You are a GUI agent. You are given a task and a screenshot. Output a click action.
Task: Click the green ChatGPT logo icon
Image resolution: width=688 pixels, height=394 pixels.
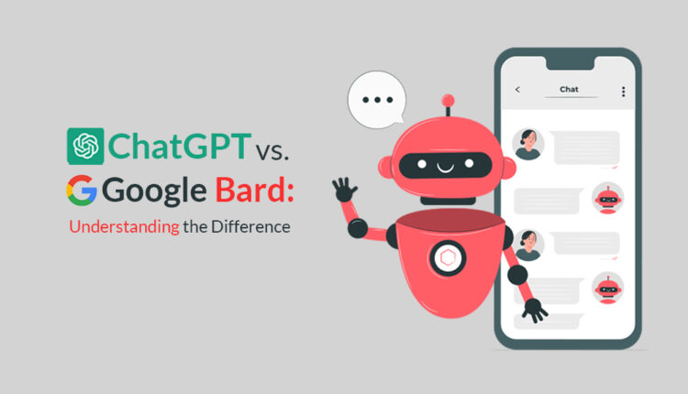(85, 147)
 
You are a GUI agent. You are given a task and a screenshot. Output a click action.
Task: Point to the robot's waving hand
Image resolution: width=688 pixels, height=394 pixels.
(346, 192)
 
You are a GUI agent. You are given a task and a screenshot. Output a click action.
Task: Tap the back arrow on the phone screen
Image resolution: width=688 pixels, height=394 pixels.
(517, 90)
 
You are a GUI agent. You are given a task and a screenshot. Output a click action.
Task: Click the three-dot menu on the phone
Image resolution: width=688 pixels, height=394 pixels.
(623, 91)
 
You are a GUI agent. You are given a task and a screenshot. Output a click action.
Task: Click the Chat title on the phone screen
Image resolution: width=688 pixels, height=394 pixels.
(569, 90)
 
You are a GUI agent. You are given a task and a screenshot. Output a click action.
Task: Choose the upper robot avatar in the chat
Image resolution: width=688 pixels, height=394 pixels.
(607, 197)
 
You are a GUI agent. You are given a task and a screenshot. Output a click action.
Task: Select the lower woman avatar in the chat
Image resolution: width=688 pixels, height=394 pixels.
(528, 245)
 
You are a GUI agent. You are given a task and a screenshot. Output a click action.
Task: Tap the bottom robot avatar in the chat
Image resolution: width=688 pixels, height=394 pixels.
(607, 288)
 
